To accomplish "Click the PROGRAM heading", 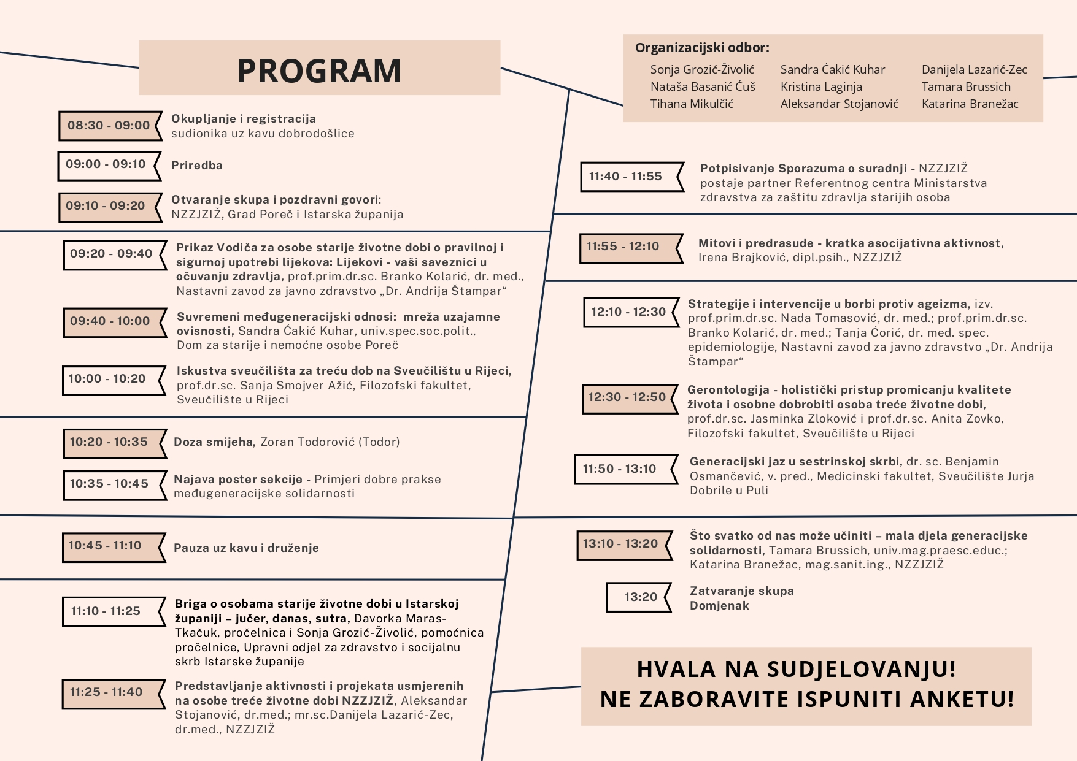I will [319, 70].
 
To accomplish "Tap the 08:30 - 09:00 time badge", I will [109, 126].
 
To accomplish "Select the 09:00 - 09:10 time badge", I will [106, 164].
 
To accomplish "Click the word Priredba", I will [197, 166].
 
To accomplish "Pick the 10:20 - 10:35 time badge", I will [109, 442].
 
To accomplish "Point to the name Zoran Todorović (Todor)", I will [330, 442].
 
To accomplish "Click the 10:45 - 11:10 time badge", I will [106, 546].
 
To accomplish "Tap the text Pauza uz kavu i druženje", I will [246, 548].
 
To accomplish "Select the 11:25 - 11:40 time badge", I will [106, 692].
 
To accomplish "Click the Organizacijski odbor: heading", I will [702, 48].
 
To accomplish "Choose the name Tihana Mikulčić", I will [692, 104].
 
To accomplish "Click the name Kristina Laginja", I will [821, 87].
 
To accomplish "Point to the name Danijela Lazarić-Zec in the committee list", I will [974, 70].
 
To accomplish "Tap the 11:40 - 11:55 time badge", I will [626, 177].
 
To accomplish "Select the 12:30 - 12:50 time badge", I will [627, 397].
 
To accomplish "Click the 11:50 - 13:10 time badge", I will [620, 469].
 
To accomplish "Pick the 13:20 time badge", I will [641, 597].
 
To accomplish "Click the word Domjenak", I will [719, 606].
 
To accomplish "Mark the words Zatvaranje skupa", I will [741, 591].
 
